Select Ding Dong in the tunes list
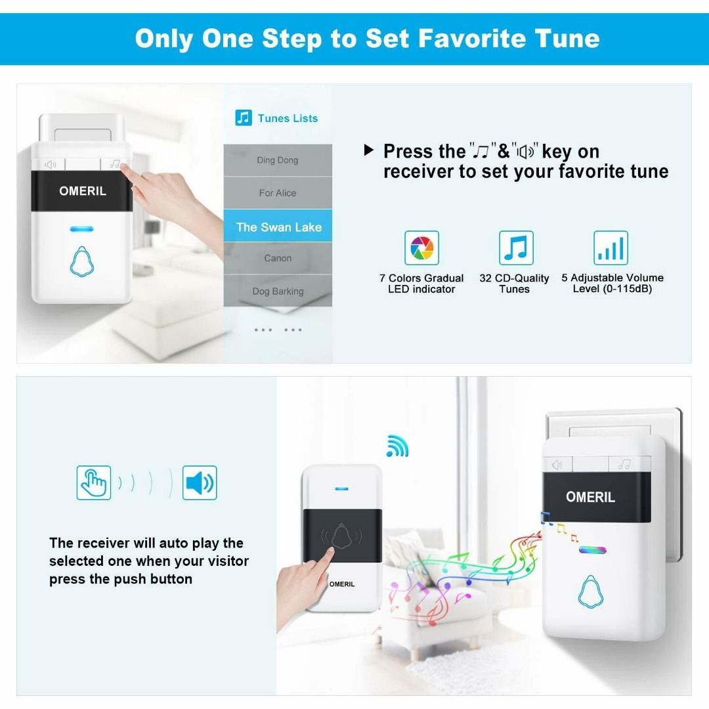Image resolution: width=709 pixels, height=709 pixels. pos(278,160)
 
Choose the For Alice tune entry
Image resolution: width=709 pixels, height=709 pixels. pos(278,193)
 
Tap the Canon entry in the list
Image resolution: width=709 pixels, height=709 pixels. pos(278,258)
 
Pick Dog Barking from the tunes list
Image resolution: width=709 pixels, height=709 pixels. pos(278,291)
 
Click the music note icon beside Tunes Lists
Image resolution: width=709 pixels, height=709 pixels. pos(244,118)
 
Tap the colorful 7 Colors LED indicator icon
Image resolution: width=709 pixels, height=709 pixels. pos(422,247)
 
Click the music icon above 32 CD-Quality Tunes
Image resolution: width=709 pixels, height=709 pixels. pos(517,247)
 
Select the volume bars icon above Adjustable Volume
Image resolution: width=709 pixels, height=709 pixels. pos(611,247)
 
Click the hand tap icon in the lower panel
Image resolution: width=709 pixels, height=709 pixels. pos(94,483)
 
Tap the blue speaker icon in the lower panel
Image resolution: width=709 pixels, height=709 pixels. pos(200,483)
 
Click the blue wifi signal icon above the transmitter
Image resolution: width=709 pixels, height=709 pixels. pos(397,446)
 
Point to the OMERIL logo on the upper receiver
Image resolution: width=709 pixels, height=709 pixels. pos(83,191)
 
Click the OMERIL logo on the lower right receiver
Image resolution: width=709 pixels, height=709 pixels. pos(591,497)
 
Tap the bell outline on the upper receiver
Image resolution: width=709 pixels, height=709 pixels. pos(82,261)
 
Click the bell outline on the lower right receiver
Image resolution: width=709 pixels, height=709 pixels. pos(591,591)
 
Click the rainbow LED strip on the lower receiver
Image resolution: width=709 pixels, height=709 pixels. pos(592,550)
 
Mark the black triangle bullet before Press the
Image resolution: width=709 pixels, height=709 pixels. pos(369,150)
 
